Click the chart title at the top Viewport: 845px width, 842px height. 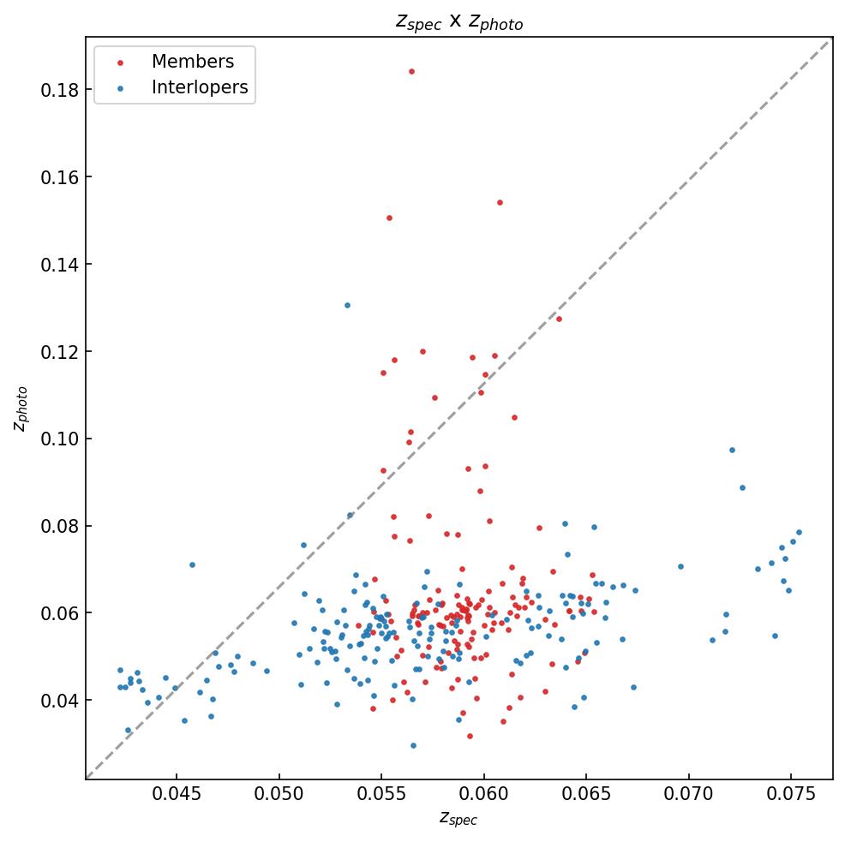click(x=458, y=21)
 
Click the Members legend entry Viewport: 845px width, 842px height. click(x=192, y=62)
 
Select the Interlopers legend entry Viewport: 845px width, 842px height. click(x=199, y=87)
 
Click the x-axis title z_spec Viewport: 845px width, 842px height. click(x=458, y=819)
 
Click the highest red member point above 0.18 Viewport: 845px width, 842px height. click(x=411, y=71)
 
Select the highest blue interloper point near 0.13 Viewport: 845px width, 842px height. click(x=347, y=305)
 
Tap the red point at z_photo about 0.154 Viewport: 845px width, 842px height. click(x=500, y=202)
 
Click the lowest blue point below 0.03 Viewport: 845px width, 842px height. click(x=413, y=745)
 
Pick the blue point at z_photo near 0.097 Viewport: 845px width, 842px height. click(x=732, y=450)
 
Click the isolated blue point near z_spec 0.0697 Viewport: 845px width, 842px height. click(x=680, y=566)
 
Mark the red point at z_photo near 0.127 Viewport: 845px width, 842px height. click(x=559, y=319)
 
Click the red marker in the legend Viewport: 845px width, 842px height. click(x=120, y=63)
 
